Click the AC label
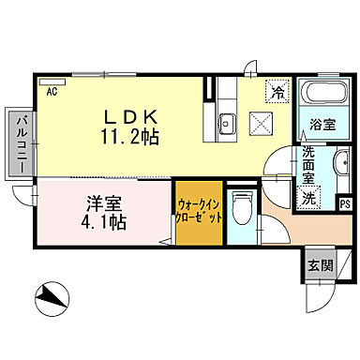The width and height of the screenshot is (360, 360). [53, 91]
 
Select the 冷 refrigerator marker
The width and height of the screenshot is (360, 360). [277, 92]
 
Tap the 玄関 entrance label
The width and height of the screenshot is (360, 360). [319, 265]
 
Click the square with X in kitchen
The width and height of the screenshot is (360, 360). [265, 123]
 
